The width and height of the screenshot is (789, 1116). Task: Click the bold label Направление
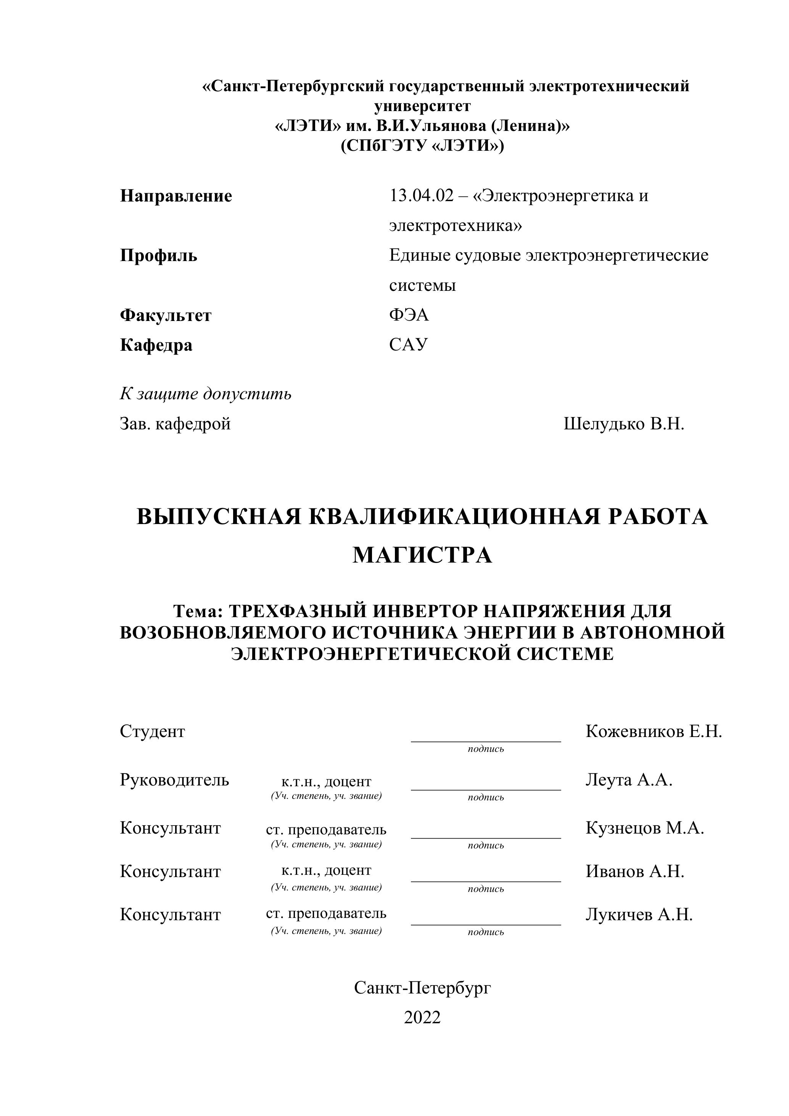tap(176, 197)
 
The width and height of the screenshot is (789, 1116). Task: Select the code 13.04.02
tap(421, 197)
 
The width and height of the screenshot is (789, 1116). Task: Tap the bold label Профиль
tap(158, 256)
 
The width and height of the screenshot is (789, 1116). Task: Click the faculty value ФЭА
tap(409, 316)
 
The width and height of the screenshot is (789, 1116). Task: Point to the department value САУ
tap(408, 345)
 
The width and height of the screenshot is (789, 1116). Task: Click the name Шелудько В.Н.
tap(623, 424)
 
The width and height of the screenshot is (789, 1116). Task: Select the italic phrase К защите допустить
tap(206, 394)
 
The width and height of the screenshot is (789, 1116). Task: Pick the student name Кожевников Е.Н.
tap(654, 732)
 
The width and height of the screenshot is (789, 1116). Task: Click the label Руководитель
tap(174, 780)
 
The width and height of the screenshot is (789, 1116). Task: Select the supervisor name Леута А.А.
tap(629, 780)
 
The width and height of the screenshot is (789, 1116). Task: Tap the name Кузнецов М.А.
tap(645, 828)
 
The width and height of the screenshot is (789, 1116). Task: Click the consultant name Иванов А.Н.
tap(634, 871)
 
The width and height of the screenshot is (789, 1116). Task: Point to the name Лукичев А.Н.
tap(639, 915)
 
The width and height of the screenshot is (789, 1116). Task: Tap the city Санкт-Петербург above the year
tap(422, 988)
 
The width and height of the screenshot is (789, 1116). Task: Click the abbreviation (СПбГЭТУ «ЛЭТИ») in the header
tap(422, 146)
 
